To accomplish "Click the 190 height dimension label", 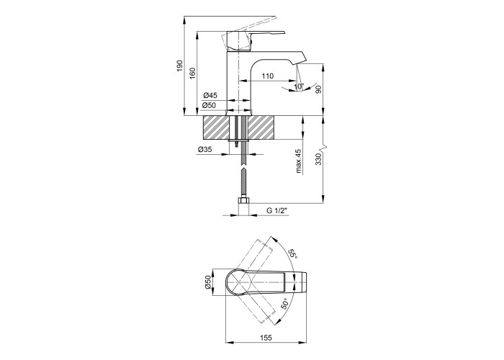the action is click(x=180, y=66).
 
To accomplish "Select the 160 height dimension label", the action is click(x=192, y=73).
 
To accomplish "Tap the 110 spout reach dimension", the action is click(x=267, y=76).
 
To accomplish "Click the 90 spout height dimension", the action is click(x=318, y=90).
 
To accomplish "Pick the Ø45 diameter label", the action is click(x=210, y=96).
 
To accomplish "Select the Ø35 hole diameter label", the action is click(x=204, y=150).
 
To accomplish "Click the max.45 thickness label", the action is click(x=300, y=161).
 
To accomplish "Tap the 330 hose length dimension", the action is click(x=318, y=159).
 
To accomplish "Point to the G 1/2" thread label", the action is click(x=276, y=210).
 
